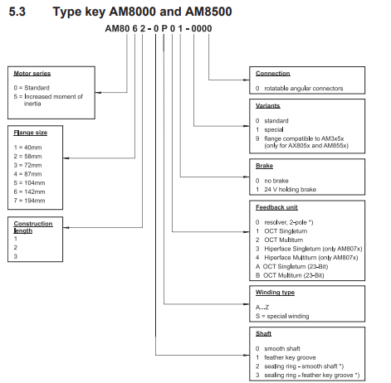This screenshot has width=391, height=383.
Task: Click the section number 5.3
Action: point(17,12)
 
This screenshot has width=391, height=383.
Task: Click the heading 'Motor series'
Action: point(32,74)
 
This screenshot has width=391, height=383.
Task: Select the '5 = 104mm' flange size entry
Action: point(29,183)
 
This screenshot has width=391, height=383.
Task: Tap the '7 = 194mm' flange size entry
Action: point(29,201)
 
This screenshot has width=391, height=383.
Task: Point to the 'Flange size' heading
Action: point(31,133)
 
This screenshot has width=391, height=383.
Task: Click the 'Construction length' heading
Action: point(33,227)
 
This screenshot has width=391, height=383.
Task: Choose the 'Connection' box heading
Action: point(273,74)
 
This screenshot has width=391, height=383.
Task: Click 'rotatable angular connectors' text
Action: point(304,89)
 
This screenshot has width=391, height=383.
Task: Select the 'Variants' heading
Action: point(268,106)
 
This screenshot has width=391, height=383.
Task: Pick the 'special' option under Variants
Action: point(274,129)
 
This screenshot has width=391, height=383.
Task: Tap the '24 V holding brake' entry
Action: point(290,190)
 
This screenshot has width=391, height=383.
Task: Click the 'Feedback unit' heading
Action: point(276,207)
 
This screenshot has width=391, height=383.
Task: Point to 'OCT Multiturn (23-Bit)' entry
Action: point(294,275)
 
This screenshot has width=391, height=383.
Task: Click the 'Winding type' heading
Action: point(275,293)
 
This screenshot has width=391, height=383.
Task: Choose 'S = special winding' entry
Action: point(282,316)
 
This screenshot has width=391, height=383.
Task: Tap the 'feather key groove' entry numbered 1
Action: point(290,357)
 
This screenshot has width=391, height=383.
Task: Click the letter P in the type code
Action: point(164,28)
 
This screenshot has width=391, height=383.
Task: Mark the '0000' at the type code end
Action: point(202,28)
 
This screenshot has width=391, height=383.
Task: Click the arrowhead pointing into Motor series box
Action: point(98,93)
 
